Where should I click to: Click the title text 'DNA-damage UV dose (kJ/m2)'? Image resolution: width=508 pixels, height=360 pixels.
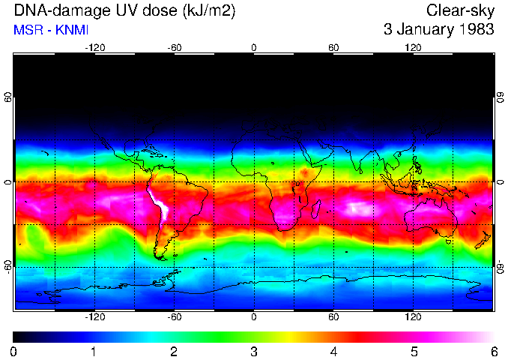(x=112, y=11)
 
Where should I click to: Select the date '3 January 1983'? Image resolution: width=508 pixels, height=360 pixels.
(x=438, y=30)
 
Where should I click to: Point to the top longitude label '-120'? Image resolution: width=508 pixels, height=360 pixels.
(x=94, y=47)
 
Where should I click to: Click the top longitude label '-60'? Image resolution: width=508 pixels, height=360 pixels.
(x=175, y=47)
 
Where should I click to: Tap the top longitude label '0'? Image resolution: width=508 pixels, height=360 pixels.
(x=254, y=47)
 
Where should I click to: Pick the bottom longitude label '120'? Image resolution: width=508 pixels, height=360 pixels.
(x=413, y=317)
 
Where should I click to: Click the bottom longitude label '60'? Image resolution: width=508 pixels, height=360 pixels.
(x=333, y=317)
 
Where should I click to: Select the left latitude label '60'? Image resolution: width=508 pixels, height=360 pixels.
(x=8, y=97)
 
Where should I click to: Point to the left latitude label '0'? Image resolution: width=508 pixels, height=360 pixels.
(x=8, y=182)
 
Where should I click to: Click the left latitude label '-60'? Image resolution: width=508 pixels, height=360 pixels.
(x=8, y=266)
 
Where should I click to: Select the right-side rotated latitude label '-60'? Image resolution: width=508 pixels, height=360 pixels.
(x=500, y=266)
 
